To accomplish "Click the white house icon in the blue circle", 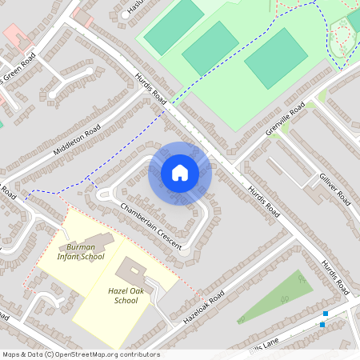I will (180, 173).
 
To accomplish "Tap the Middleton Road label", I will (77, 139).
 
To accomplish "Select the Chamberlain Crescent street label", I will (151, 226).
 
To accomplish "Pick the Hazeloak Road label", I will (206, 305).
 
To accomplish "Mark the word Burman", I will (82, 246).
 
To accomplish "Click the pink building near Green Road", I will (16, 36).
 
